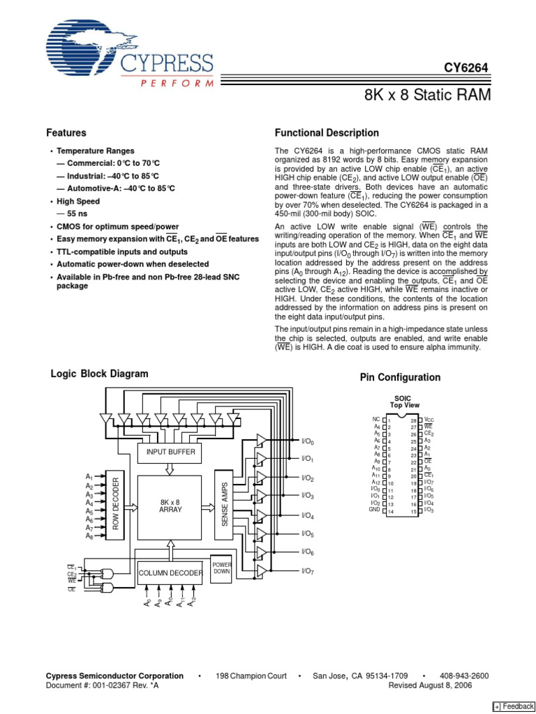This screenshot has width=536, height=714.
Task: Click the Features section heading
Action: [x=66, y=132]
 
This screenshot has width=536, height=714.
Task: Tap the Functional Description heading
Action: [x=327, y=132]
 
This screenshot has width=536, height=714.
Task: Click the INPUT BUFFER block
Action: [x=170, y=452]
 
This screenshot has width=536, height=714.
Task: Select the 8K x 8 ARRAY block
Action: [x=170, y=506]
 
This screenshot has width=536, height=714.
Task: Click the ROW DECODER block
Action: [x=117, y=505]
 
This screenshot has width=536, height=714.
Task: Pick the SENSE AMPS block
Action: [x=225, y=505]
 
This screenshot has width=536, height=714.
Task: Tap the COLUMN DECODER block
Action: [x=170, y=573]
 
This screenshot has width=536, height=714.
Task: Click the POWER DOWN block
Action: [x=221, y=567]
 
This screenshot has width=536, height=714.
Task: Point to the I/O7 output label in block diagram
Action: [x=308, y=571]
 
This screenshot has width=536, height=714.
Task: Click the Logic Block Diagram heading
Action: [x=100, y=374]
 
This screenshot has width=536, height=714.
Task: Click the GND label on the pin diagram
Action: [x=374, y=510]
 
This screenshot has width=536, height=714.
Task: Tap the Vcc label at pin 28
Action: [x=429, y=418]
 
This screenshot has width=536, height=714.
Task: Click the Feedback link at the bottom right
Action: [x=514, y=706]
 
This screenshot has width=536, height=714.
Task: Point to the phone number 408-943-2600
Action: [x=464, y=676]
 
